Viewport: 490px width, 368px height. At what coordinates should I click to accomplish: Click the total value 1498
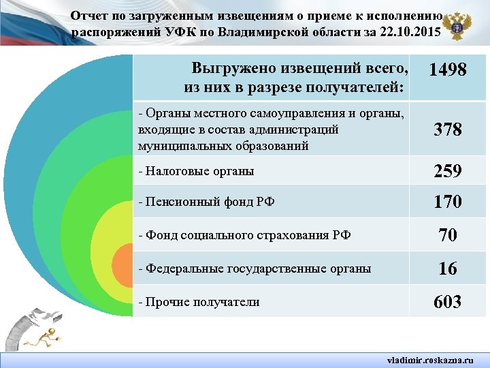coord(447,70)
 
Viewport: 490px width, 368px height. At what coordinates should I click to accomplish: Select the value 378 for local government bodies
coord(447,129)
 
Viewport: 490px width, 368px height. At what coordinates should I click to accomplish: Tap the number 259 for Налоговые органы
coord(447,171)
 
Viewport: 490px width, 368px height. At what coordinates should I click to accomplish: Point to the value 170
coord(447,202)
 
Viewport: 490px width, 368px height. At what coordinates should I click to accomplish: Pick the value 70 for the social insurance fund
coord(447,236)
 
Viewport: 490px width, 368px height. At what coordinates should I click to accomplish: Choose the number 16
coord(447,269)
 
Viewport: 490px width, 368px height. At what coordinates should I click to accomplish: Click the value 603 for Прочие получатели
coord(447,302)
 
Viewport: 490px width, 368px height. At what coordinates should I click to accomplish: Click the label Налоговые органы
coord(195,171)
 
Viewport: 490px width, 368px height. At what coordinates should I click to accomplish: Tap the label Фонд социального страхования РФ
coord(244,236)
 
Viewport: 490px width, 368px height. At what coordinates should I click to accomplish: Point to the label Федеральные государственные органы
coord(255,269)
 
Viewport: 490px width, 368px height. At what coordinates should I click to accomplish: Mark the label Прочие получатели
coord(198,302)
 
